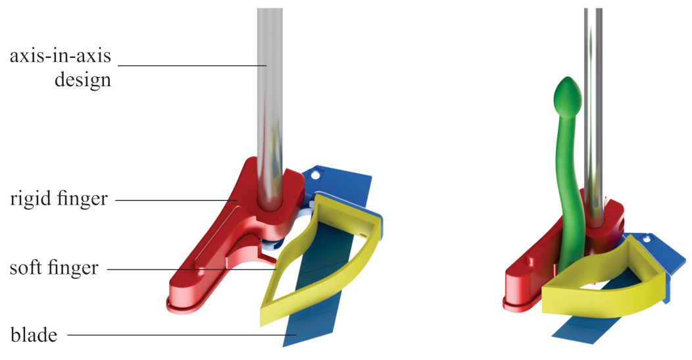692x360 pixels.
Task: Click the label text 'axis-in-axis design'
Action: click(x=61, y=68)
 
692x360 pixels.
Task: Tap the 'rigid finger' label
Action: click(x=59, y=199)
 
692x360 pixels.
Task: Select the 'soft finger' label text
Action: click(x=54, y=267)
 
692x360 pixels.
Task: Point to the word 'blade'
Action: click(x=34, y=334)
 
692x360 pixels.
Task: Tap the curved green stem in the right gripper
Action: click(x=566, y=190)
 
